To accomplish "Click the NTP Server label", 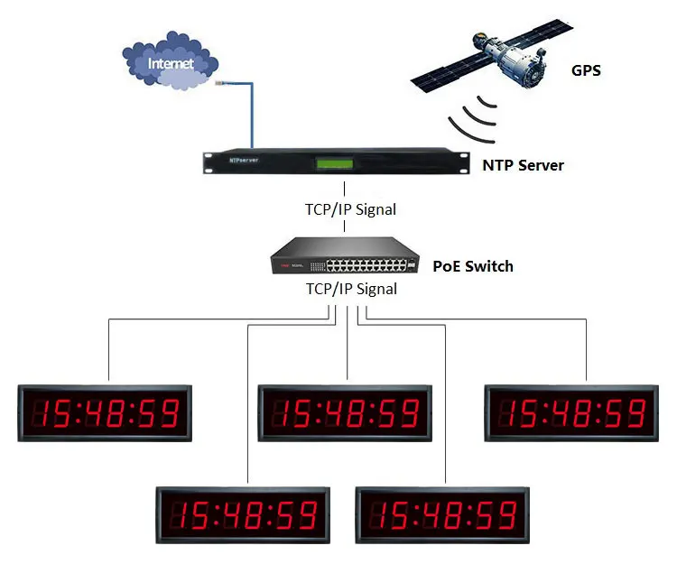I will pos(523,165).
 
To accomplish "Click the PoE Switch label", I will pos(473,266).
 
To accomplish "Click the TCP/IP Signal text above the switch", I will pos(348,209).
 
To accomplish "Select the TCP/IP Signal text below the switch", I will pos(348,290).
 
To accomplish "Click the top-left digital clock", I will pos(106,413).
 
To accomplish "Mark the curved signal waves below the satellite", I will pos(473,116).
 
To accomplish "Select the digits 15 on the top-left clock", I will pos(54,413).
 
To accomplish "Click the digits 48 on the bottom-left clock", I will pos(244,514).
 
